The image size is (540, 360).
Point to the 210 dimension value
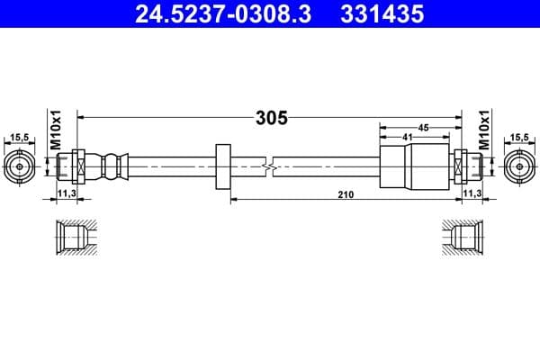(345, 193)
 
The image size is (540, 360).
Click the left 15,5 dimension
(19, 137)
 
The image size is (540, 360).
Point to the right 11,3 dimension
(472, 193)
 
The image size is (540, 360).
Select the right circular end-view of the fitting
(519, 166)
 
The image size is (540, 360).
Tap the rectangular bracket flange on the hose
(224, 166)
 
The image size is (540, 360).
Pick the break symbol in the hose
(267, 166)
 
